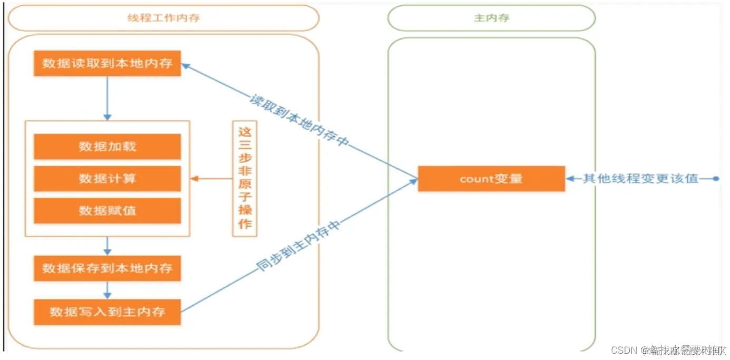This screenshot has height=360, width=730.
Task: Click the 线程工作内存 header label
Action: click(163, 18)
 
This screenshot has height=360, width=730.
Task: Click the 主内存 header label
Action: click(491, 18)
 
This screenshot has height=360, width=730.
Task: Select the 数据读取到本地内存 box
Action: click(108, 63)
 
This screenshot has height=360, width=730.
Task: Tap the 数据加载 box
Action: click(108, 147)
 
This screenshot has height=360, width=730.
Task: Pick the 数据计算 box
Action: click(108, 179)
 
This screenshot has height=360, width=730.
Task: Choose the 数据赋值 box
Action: click(108, 211)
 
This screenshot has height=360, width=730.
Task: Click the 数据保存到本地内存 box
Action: click(108, 269)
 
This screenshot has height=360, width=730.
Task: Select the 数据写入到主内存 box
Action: click(108, 312)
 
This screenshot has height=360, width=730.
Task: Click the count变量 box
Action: click(491, 179)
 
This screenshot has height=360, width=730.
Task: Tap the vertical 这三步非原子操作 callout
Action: click(245, 179)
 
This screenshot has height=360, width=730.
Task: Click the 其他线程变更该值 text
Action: click(640, 179)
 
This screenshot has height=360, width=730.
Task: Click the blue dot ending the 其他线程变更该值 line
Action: click(715, 179)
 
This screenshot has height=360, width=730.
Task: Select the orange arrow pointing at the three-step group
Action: click(211, 179)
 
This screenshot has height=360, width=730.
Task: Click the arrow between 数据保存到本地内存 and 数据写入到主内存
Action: click(108, 290)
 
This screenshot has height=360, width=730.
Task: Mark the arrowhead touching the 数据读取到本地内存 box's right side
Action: click(186, 65)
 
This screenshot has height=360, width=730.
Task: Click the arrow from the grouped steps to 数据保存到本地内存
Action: click(108, 246)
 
